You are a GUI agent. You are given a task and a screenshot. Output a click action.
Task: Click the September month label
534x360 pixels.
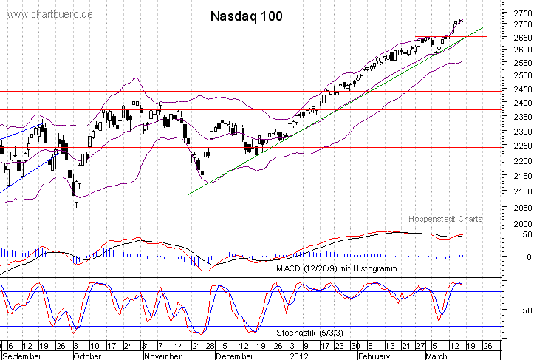[x=20, y=356]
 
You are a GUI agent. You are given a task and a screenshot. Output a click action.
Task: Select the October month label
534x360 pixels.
[x=87, y=356]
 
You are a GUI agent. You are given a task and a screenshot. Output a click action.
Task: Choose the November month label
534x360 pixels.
[x=163, y=356]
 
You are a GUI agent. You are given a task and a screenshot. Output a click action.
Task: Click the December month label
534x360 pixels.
[x=233, y=356]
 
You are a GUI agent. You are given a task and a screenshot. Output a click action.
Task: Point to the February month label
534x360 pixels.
[x=374, y=356]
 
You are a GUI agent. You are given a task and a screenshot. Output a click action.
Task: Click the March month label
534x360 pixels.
[x=437, y=356]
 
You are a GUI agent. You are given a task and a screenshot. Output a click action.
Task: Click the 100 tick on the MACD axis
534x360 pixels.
[x=518, y=224]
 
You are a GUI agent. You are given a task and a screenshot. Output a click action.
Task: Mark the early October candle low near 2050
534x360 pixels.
[x=76, y=206]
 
